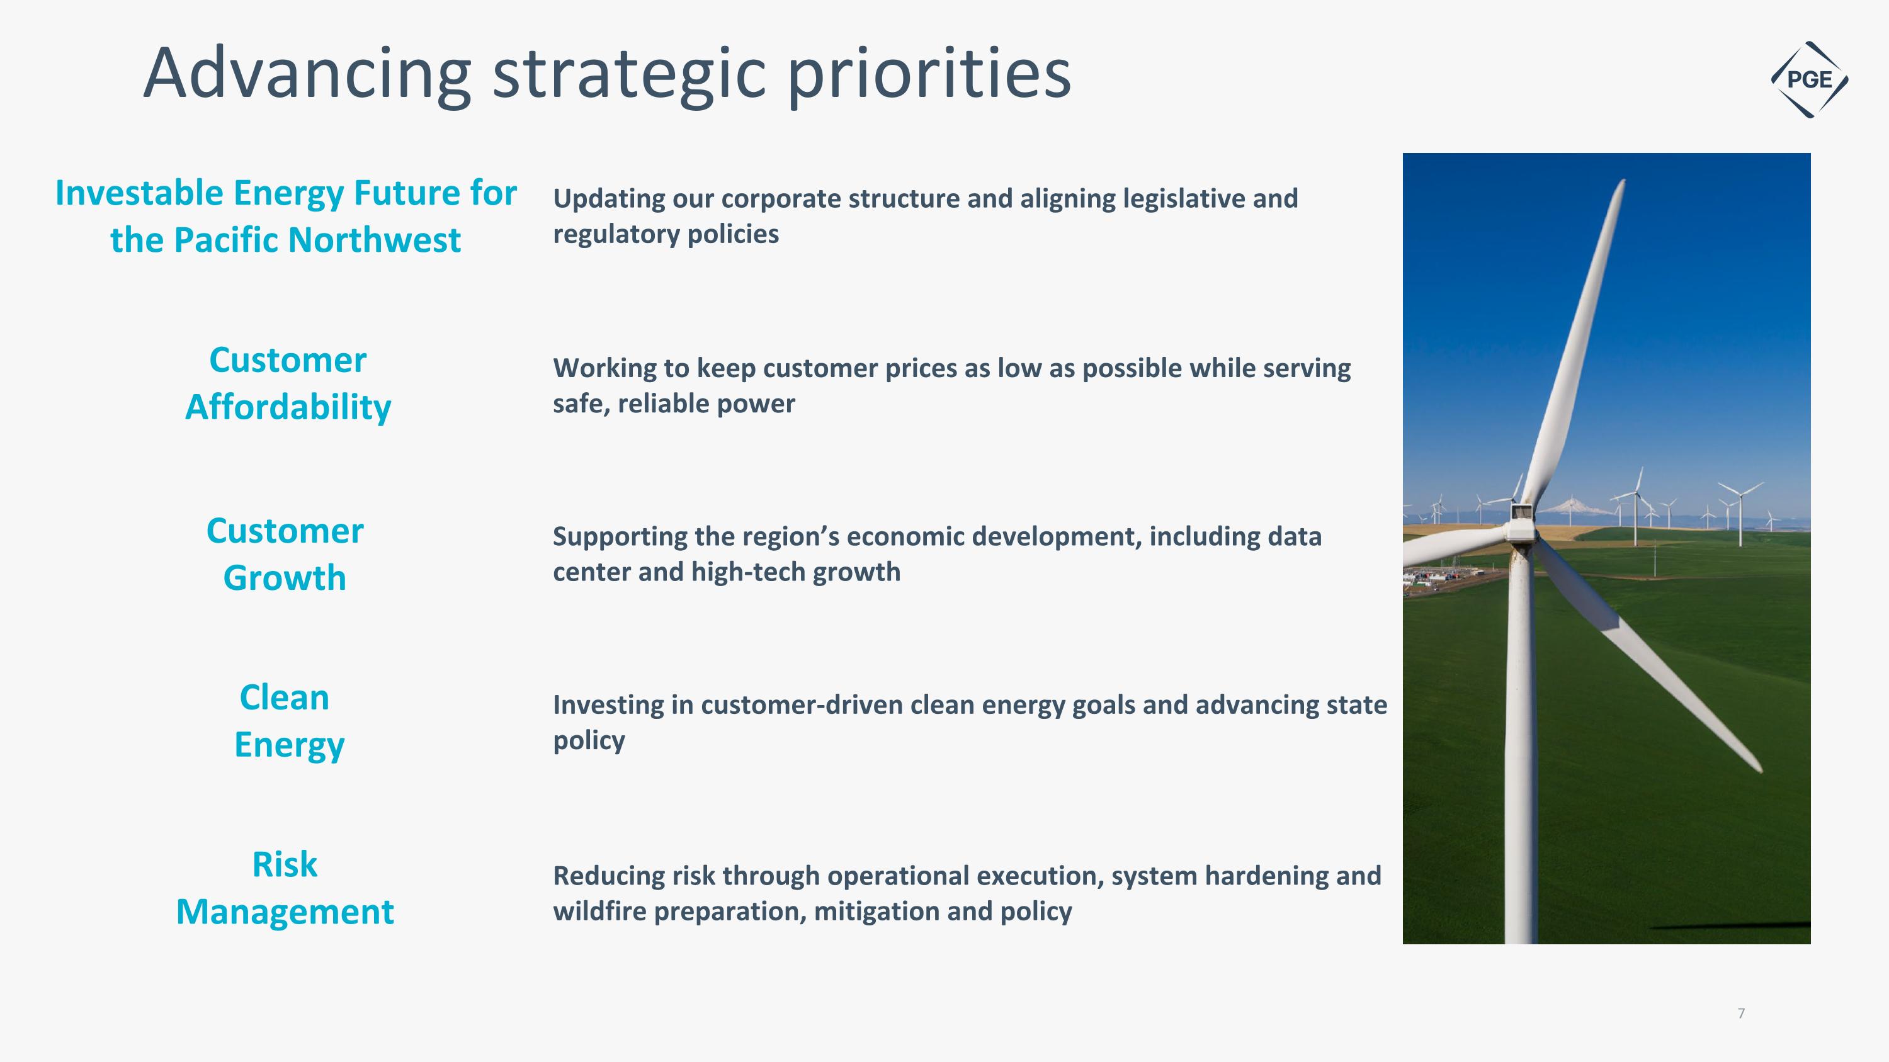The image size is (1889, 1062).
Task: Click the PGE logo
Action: (x=1809, y=79)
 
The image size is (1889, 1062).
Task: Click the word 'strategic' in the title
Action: (x=629, y=74)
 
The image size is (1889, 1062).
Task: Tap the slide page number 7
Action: (x=1741, y=1013)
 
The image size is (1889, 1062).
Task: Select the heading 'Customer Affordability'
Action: (x=288, y=383)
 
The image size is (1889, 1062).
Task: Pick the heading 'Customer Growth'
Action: (x=285, y=554)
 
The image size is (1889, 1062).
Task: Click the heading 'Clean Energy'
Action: (x=286, y=720)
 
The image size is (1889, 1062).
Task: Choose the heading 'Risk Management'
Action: (x=285, y=888)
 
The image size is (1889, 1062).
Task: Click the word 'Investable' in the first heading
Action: (x=139, y=193)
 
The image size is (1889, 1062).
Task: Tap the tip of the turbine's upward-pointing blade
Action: (x=1623, y=182)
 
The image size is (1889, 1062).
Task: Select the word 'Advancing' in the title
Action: (x=307, y=74)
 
